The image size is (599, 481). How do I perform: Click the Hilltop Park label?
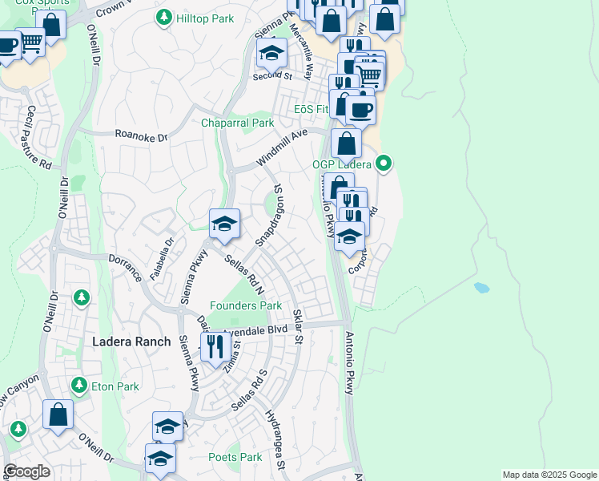pyautogui.click(x=205, y=18)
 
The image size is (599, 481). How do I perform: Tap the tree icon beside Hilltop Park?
pyautogui.click(x=164, y=17)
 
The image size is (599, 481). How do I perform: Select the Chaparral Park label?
pyautogui.click(x=237, y=123)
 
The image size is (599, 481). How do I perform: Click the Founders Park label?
pyautogui.click(x=246, y=305)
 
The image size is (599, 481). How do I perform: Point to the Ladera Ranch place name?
pyautogui.click(x=131, y=342)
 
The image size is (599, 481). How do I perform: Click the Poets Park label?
pyautogui.click(x=235, y=457)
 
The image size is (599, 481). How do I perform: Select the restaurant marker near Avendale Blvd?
pyautogui.click(x=215, y=347)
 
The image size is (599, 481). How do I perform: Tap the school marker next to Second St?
pyautogui.click(x=271, y=54)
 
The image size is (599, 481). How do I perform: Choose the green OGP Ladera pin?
pyautogui.click(x=384, y=164)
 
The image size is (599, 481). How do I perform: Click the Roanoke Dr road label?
pyautogui.click(x=140, y=136)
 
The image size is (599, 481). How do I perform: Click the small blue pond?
pyautogui.click(x=481, y=287)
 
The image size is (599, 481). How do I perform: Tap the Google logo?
pyautogui.click(x=26, y=471)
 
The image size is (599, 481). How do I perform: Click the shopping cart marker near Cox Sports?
pyautogui.click(x=30, y=42)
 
